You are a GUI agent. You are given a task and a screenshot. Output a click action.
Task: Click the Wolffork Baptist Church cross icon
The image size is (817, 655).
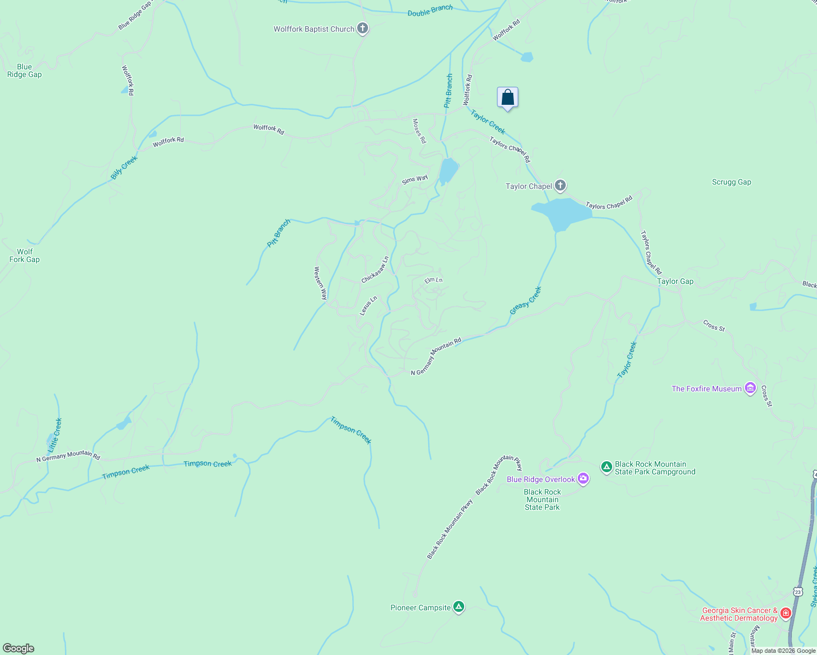coord(363,29)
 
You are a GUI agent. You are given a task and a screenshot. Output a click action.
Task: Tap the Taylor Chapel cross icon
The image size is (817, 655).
coord(560,186)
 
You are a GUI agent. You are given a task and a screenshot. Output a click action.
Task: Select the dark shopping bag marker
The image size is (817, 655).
coord(507,98)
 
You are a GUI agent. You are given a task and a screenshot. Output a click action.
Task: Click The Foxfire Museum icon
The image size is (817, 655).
coord(750,389)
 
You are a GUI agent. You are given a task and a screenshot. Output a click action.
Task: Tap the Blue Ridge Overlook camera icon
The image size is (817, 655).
coord(583,479)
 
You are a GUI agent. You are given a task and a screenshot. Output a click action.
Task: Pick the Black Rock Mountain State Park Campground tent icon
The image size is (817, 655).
coord(606,467)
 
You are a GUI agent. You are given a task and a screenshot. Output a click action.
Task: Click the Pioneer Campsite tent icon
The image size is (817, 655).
coord(459,607)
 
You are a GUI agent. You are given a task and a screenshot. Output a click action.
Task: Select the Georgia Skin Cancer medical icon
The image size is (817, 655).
coord(786,614)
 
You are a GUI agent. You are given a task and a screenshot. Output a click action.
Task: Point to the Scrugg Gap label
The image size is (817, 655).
coord(731,182)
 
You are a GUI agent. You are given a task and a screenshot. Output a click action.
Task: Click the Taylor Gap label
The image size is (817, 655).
coord(675,282)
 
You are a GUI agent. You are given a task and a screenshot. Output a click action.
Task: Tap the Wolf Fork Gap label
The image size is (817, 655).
coord(25,256)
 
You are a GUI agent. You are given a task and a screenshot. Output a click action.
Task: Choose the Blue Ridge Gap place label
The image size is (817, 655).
coord(25,71)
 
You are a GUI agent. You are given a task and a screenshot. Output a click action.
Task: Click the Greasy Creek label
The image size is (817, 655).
coord(525,301)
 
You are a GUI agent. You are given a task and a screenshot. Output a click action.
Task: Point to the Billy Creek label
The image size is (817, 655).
coord(124,168)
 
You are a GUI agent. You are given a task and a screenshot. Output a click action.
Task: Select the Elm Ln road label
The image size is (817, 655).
coord(434,280)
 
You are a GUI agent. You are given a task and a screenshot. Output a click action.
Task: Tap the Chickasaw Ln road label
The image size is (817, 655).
coord(375,270)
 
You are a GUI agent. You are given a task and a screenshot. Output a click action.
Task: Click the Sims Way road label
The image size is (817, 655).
coord(415,180)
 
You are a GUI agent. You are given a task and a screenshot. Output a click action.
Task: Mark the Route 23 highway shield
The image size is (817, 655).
coord(798,592)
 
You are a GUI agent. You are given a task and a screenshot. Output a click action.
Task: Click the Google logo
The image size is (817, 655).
coord(19,648)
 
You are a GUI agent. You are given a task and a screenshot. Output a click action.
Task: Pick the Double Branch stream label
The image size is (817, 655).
coord(430,10)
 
